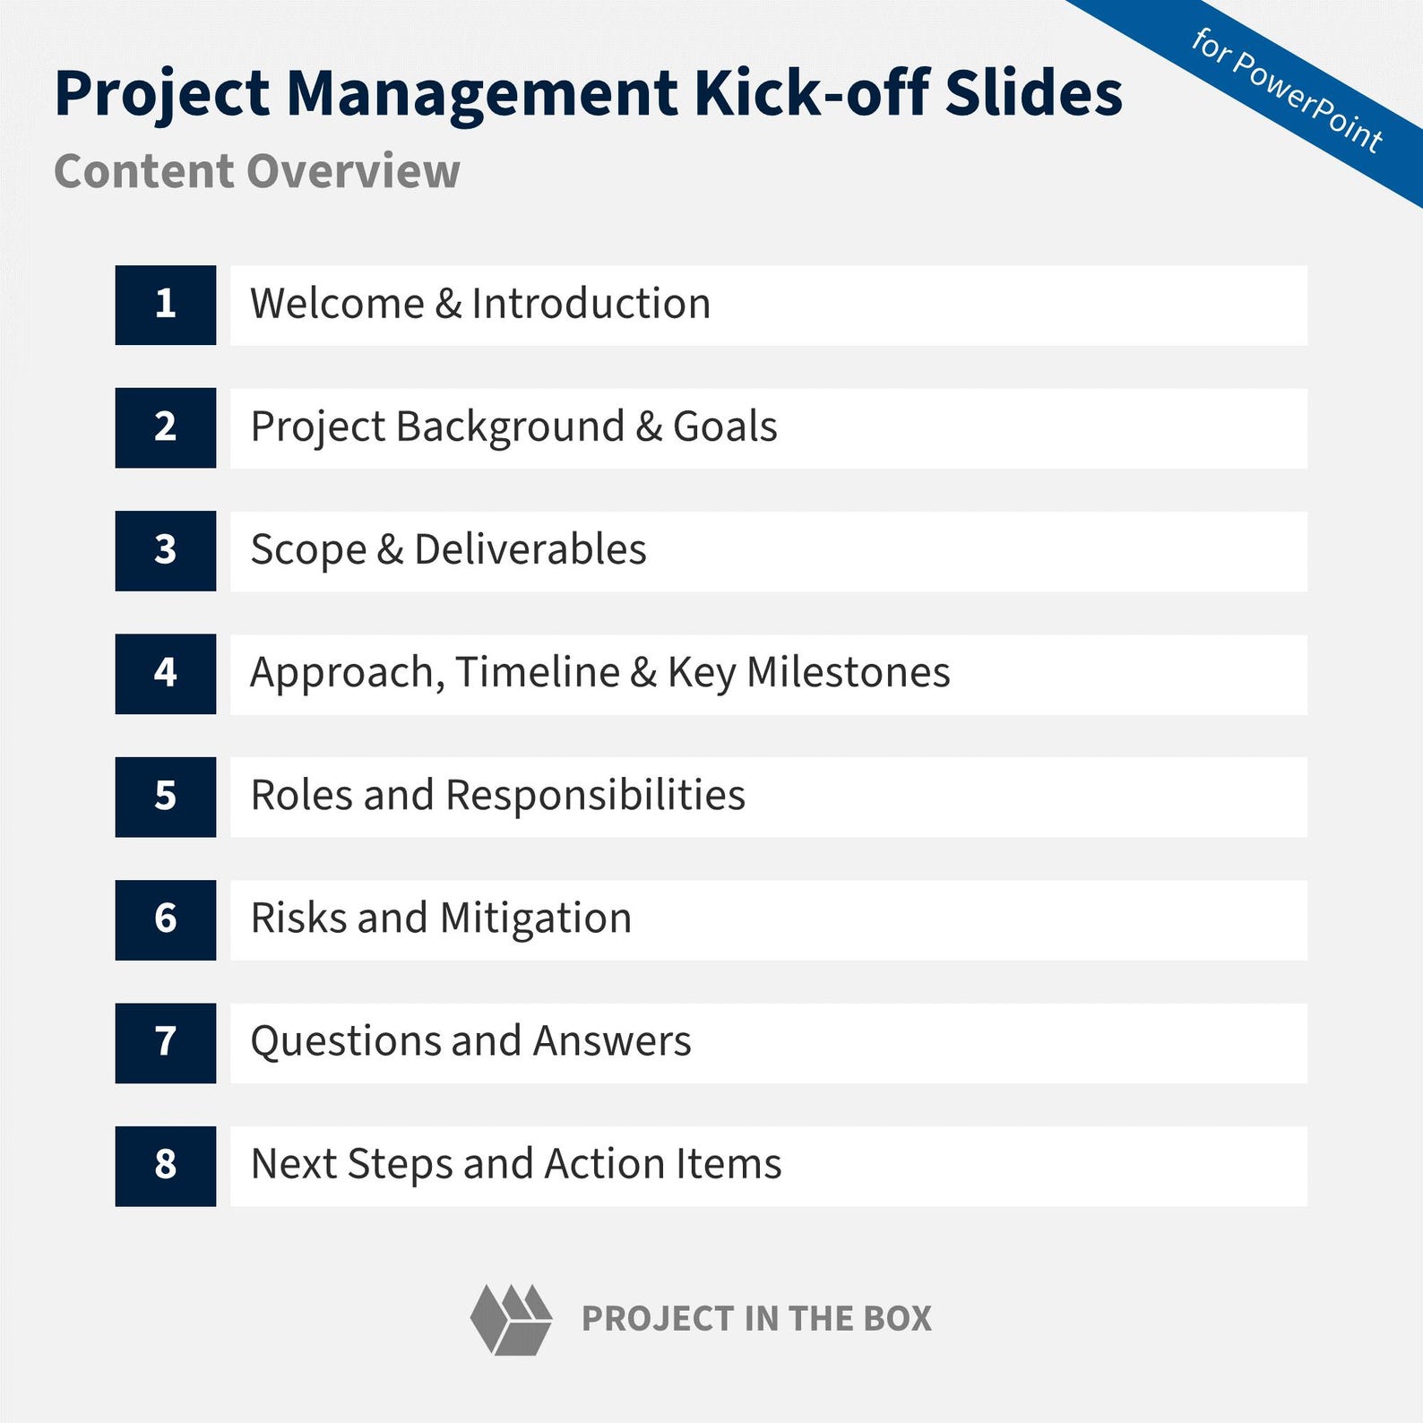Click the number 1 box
coord(165,305)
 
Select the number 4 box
coord(165,673)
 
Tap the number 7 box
coord(165,1042)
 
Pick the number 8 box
coord(165,1165)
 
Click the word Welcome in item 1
coord(337,304)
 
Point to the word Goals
coord(725,427)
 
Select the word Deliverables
coord(530,550)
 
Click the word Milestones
coord(848,673)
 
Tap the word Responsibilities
coord(595,796)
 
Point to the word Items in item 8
coord(729,1165)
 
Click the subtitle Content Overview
coord(257,171)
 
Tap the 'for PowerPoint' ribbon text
coord(1287,90)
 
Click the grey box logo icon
coord(511,1319)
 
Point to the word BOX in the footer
coord(897,1319)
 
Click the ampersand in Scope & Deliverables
coord(390,550)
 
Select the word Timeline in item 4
coord(537,673)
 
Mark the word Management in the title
coord(482,93)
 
